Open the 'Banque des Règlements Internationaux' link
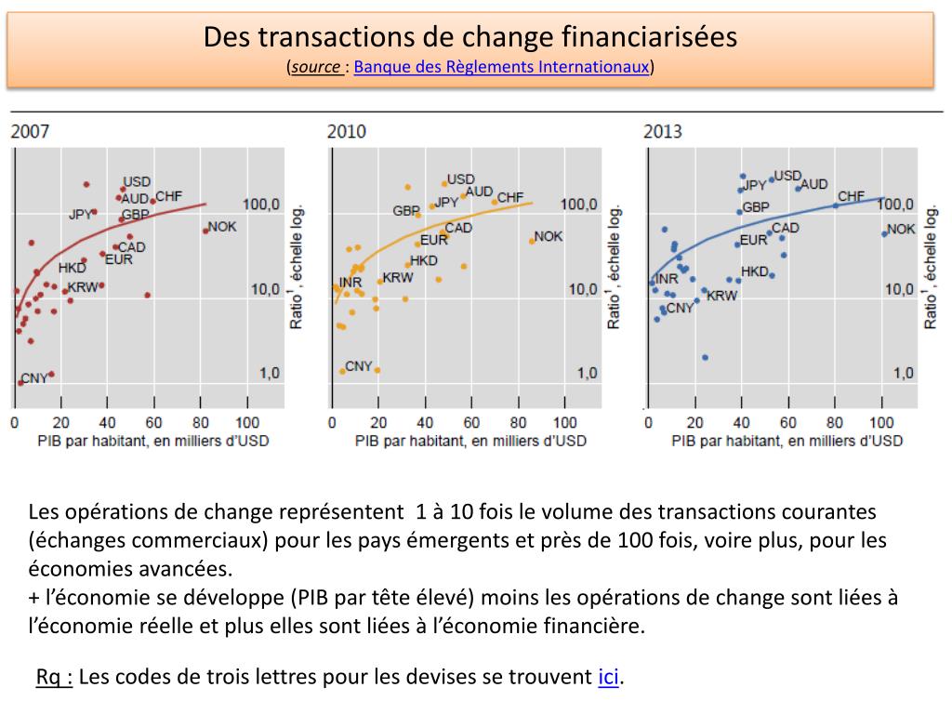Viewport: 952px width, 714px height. pos(501,67)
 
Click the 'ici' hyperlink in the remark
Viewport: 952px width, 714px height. pos(608,677)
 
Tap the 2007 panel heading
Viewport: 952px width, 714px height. pos(30,131)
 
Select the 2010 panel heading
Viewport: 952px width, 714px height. pos(346,131)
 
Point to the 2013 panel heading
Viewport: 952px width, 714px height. pos(662,131)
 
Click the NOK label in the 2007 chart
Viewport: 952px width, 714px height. pos(223,226)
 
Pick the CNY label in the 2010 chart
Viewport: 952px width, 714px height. pos(358,366)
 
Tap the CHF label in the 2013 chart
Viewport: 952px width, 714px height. pos(851,196)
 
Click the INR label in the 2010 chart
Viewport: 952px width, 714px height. pos(350,282)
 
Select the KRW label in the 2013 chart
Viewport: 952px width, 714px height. pos(721,296)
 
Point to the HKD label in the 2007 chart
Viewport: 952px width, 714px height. pos(72,268)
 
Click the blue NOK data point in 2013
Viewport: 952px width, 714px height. pos(884,233)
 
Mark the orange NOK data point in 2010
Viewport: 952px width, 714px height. pos(532,241)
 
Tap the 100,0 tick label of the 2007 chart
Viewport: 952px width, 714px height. pos(261,205)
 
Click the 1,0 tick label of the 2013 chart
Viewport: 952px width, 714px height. pos(904,373)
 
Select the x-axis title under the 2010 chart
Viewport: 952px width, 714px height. pos(470,441)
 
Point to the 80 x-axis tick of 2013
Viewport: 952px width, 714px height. pos(835,423)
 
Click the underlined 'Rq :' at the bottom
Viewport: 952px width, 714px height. pos(55,677)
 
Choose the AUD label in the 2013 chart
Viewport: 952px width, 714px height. pos(813,184)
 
